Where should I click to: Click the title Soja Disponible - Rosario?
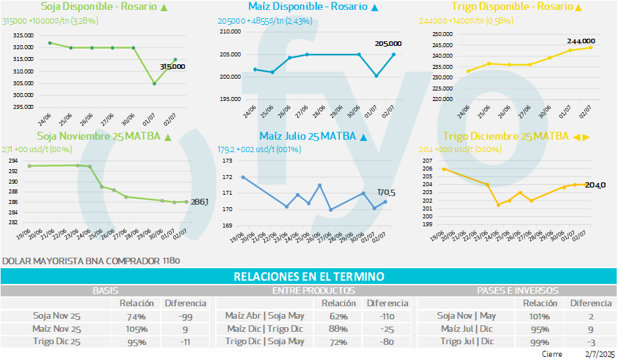(98, 7)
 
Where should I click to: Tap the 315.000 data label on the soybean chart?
(173, 66)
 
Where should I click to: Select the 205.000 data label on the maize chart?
(388, 44)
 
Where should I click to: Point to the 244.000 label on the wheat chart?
(581, 41)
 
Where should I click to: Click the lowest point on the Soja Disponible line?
(154, 83)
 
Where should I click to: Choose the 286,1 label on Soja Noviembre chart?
(199, 203)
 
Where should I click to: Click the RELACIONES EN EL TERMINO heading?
(308, 277)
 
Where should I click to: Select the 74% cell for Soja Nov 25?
(136, 315)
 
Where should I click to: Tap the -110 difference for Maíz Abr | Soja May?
(387, 315)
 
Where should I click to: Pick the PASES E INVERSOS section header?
(518, 290)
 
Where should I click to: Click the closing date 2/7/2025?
(599, 354)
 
